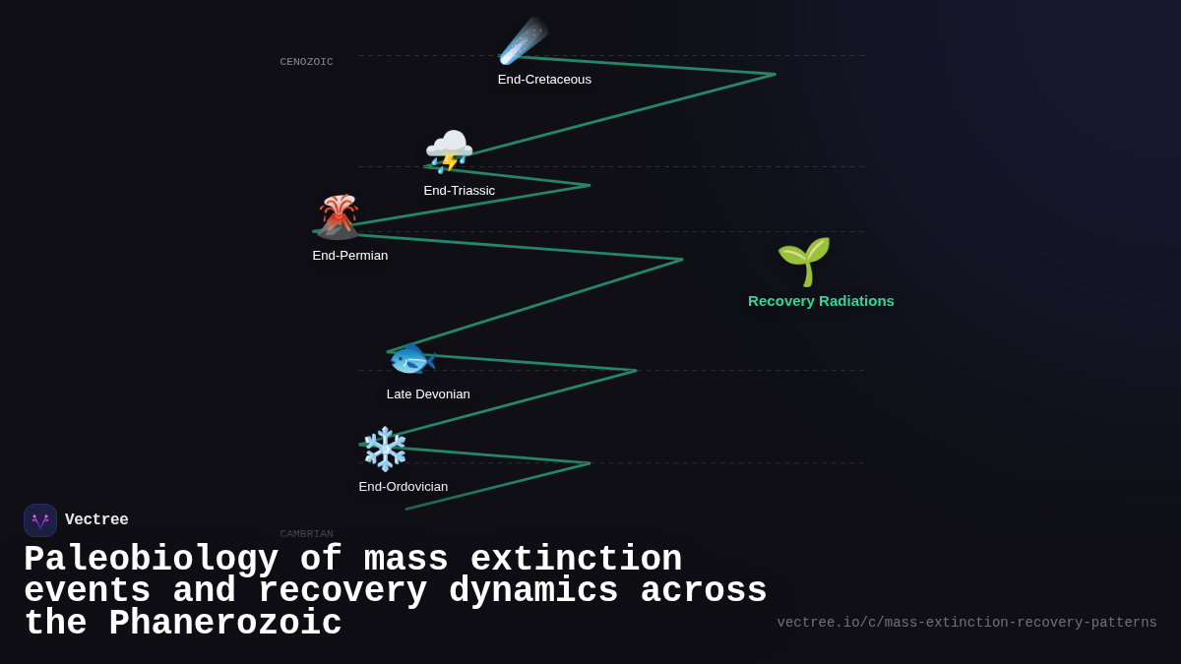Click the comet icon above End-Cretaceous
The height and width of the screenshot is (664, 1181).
(x=523, y=41)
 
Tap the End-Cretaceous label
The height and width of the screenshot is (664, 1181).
(x=544, y=80)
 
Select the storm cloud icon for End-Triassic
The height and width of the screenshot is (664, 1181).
(x=449, y=151)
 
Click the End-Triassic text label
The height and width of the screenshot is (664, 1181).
(x=459, y=191)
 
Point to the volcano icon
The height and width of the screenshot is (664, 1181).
(x=338, y=216)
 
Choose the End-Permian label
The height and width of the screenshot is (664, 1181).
(x=349, y=256)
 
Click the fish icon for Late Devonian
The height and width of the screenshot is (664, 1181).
(x=411, y=360)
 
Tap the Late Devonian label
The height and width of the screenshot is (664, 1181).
(x=428, y=394)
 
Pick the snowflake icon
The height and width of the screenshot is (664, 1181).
(x=385, y=449)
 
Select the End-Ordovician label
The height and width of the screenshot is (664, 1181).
(x=403, y=487)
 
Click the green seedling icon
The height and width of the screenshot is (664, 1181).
(x=804, y=261)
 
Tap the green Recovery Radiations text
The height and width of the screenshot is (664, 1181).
(x=821, y=301)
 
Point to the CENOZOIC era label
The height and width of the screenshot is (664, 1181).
(x=306, y=62)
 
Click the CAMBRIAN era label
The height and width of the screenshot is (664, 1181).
(x=306, y=534)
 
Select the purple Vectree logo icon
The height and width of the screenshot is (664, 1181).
(x=40, y=520)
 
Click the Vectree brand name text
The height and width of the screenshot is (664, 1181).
(x=96, y=520)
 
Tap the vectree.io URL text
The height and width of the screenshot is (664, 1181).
(x=966, y=623)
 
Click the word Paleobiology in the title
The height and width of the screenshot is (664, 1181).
(x=151, y=560)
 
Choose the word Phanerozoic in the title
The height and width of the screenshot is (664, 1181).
(x=224, y=624)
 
